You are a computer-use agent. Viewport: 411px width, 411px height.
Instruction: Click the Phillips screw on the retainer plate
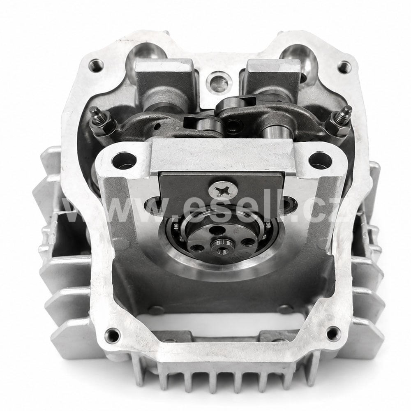tap(223, 189)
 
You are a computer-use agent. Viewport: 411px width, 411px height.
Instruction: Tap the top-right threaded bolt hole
tap(344, 67)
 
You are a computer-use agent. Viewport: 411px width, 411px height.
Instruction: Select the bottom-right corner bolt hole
tap(333, 334)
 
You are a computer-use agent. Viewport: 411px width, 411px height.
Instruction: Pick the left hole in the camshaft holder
tap(124, 160)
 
